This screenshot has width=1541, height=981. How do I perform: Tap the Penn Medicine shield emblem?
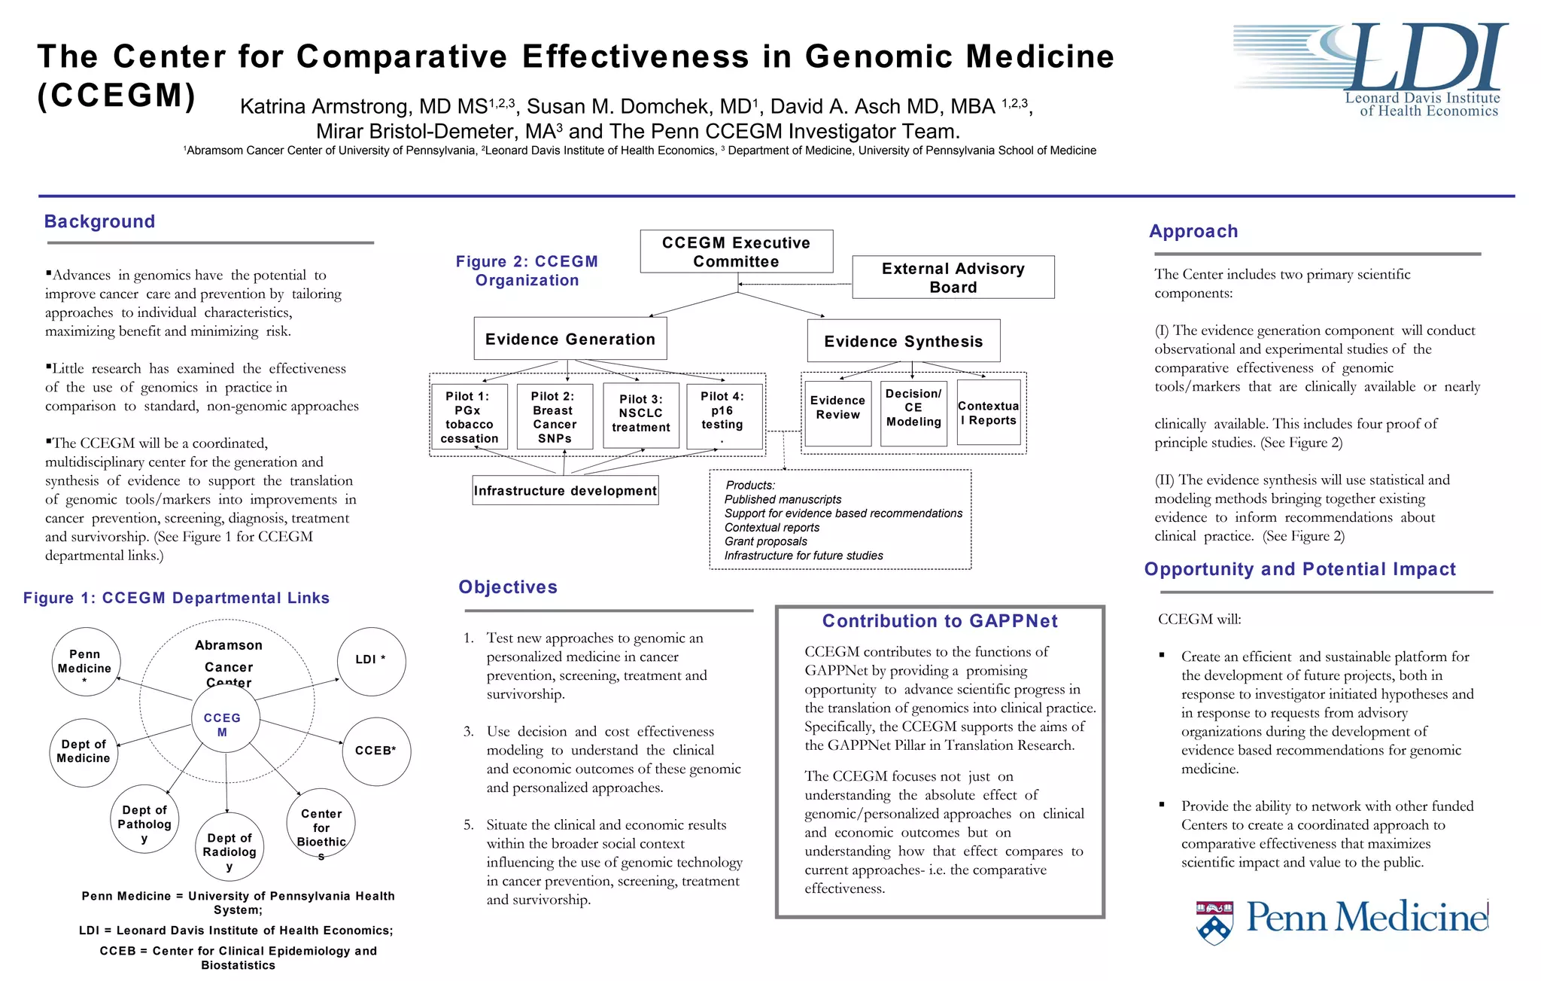tap(1214, 922)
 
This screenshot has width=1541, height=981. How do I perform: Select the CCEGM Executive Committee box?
tap(736, 251)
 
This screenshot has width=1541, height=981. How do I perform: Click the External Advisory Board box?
tap(953, 277)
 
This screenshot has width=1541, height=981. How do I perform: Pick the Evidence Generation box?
tap(570, 339)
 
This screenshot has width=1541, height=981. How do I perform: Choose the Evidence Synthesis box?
tap(903, 341)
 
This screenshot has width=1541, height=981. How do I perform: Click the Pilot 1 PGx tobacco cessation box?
tap(469, 417)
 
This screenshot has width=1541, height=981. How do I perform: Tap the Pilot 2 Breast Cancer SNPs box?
tap(554, 417)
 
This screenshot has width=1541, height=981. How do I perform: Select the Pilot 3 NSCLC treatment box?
tap(640, 415)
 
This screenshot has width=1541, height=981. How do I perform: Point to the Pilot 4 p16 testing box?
tap(723, 416)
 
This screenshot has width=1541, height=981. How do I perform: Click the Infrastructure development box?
tap(565, 490)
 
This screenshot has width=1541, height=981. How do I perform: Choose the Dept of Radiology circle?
tap(229, 846)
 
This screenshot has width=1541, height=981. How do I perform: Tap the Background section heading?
tap(99, 221)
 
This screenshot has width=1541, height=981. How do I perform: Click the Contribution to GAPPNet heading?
tap(940, 621)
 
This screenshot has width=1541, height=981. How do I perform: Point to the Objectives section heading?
tap(508, 587)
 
